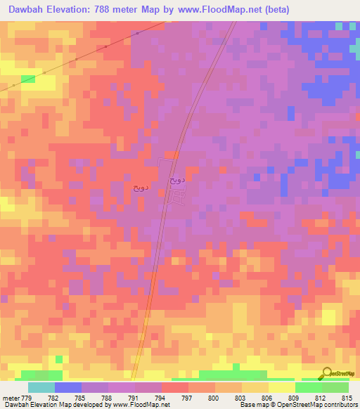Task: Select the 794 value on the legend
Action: pos(161,397)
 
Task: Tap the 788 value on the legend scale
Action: pos(107,397)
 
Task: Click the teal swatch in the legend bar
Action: pos(41,387)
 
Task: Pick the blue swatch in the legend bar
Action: pos(68,387)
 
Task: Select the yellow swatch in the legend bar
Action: pos(282,387)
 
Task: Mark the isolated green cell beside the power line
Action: pos(27,79)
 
